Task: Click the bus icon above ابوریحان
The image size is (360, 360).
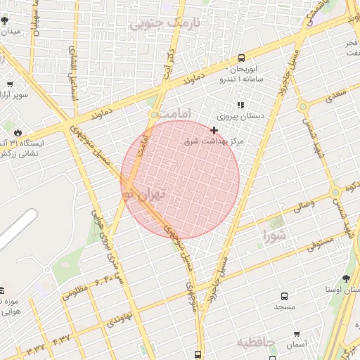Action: point(242,58)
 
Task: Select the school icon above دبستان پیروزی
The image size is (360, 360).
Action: point(240,105)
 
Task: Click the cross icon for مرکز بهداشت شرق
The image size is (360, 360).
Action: point(214,130)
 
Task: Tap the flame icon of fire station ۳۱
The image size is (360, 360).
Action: point(17,131)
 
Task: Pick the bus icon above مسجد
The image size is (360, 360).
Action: point(284,296)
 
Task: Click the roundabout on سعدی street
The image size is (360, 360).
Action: point(302,108)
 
